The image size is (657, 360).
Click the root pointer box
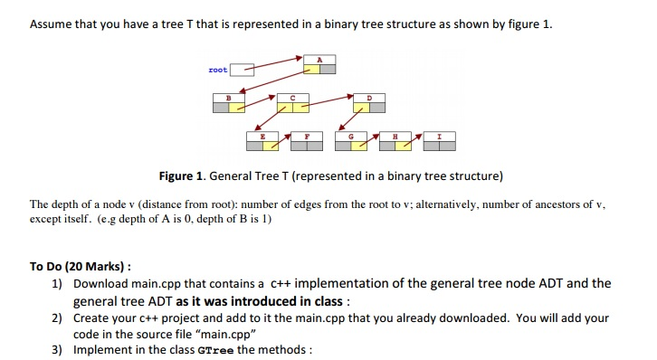coord(240,69)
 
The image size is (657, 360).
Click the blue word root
coord(217,69)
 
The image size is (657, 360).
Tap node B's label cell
coord(228,97)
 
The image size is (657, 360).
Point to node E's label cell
coord(262,133)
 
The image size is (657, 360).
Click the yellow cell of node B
coord(236,107)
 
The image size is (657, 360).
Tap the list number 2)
coord(56,317)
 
